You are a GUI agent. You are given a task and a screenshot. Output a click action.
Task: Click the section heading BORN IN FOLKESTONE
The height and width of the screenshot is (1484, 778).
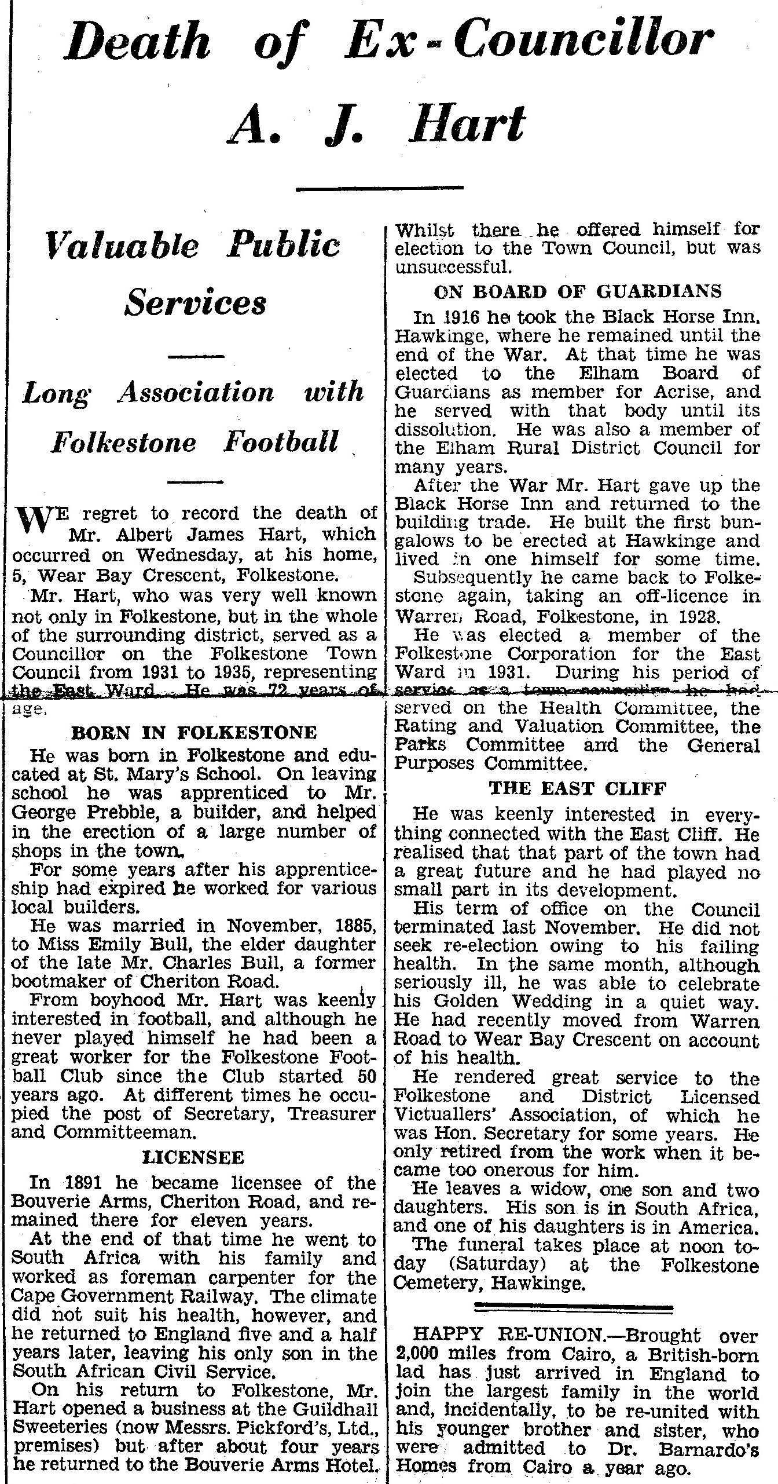tap(193, 732)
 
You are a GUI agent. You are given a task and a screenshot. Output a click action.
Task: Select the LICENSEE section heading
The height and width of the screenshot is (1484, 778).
tap(193, 1158)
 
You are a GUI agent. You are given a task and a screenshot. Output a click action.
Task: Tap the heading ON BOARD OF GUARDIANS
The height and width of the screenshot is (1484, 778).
tap(577, 291)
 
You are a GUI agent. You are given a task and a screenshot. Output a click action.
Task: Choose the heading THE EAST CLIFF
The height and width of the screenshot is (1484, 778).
tap(577, 788)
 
